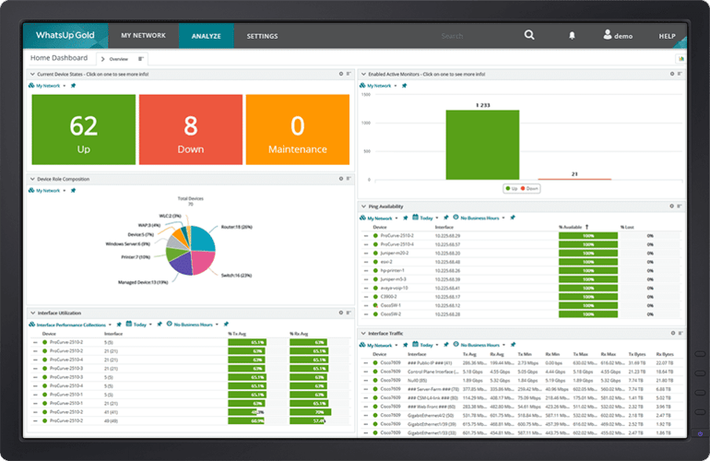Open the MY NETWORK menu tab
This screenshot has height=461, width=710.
point(143,36)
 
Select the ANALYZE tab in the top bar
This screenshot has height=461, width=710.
point(206,36)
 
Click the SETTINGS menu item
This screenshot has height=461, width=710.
point(262,36)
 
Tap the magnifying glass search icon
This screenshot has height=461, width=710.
point(529,36)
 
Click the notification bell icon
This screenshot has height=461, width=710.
point(572,36)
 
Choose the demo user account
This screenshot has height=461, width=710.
point(617,36)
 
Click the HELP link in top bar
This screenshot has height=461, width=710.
point(667,36)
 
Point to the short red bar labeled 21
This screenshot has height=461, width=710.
point(574,179)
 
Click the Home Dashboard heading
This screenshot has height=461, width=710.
point(59,57)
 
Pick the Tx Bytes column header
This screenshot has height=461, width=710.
point(637,353)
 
